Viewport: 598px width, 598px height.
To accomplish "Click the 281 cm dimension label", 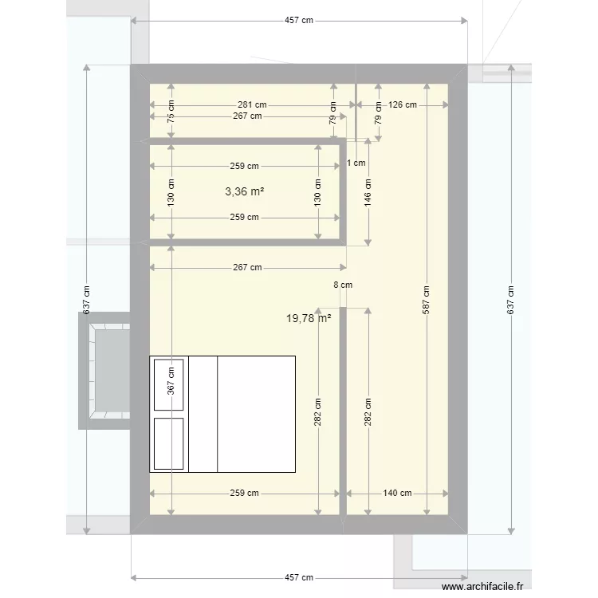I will coord(251,104).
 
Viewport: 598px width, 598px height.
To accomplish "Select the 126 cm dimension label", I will coord(402,104).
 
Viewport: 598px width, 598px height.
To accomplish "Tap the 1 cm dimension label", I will coord(356,163).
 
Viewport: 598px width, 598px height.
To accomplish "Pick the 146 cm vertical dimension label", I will coord(368,191).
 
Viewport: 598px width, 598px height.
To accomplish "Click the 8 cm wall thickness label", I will coord(342,285).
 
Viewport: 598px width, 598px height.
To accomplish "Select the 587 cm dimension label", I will coord(427,299).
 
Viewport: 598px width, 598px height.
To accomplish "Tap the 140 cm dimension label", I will coord(397,493).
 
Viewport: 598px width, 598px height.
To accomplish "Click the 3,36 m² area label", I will coord(245,191).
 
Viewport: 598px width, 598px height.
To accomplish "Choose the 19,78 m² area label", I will coord(309,318).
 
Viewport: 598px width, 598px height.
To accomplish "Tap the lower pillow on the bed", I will coord(169,443).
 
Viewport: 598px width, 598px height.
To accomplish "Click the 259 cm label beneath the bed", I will coord(244,493).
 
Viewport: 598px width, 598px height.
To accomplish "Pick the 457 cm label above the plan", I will coord(298,22).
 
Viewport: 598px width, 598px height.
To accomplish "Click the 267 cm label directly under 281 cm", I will coord(247,116).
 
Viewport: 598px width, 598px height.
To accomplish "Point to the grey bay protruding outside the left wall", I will coord(104,371).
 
